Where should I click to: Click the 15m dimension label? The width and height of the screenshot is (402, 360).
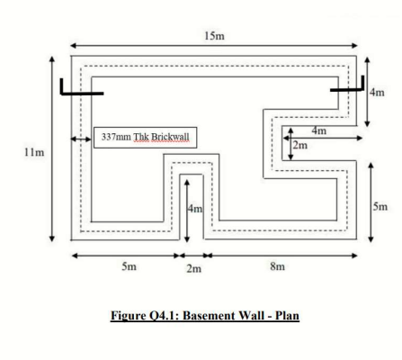[214, 36]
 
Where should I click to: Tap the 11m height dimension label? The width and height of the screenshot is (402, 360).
[34, 152]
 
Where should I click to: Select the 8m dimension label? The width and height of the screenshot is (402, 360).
[277, 265]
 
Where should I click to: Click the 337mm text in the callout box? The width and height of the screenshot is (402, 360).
[116, 137]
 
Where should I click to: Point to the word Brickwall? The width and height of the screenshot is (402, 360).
[170, 137]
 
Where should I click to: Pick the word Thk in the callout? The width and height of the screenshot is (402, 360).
[140, 137]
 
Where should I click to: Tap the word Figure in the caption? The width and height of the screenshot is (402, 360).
[128, 316]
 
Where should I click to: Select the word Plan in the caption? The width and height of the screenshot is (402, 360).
[287, 316]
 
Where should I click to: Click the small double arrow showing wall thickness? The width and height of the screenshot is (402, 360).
[81, 139]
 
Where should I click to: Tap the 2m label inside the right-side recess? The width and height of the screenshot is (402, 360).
[300, 145]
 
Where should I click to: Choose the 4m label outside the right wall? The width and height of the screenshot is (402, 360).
[377, 92]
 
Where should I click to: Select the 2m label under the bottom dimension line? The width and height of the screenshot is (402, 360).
[194, 268]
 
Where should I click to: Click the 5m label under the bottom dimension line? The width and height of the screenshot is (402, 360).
[130, 265]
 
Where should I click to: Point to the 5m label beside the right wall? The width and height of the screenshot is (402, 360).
[380, 206]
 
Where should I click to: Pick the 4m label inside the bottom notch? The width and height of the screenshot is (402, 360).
[195, 208]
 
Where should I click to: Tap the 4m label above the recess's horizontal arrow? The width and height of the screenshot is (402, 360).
[319, 130]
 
